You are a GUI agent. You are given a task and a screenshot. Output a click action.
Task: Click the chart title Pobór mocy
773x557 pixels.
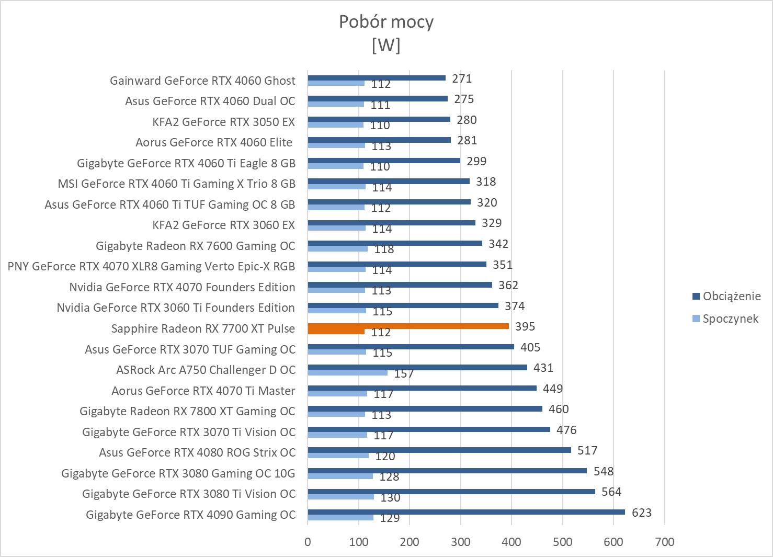386,22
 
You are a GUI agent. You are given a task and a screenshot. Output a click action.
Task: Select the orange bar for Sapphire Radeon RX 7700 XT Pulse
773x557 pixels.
408,326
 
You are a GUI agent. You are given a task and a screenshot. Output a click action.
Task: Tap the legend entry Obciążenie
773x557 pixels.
731,297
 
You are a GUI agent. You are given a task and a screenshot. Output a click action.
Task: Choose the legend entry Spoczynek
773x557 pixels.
730,319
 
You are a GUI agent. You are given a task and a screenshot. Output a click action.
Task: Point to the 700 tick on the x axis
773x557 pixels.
664,542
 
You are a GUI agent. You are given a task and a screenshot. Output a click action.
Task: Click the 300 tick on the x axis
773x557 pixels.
460,542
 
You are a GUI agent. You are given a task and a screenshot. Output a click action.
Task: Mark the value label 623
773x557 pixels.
642,513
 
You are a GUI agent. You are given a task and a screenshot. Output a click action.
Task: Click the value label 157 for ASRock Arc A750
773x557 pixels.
404,373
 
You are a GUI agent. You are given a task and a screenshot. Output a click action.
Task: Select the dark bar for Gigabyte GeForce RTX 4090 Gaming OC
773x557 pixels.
466,512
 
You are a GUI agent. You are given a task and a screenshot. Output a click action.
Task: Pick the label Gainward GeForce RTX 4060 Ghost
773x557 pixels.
202,81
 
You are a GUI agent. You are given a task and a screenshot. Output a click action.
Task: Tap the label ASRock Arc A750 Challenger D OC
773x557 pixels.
206,370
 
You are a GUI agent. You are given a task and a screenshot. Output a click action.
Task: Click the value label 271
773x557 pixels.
462,78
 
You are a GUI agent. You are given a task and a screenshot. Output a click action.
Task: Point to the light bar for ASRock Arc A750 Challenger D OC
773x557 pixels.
347,373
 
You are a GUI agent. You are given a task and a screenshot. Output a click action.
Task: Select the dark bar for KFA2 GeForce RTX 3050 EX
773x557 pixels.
379,119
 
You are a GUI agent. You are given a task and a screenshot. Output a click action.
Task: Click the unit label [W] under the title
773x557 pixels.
386,46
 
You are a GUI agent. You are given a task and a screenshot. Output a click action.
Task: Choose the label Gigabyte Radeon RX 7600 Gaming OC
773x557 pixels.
195,246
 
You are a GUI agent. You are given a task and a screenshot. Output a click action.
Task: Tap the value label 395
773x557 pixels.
525,326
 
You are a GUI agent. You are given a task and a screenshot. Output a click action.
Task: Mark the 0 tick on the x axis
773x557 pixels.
308,542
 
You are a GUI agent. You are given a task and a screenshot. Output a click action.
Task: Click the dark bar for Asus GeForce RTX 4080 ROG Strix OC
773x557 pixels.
439,450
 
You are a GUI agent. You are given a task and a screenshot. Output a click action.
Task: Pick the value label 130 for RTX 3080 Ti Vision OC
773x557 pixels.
390,497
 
